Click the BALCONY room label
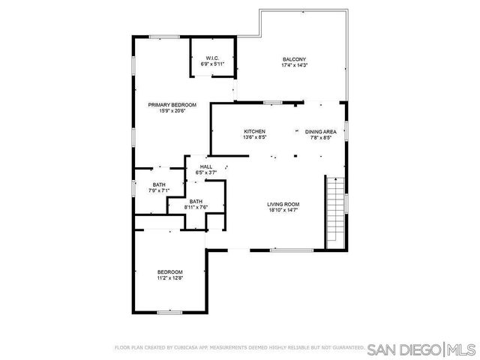pos(294,59)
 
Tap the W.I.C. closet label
pos(212,58)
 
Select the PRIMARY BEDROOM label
pos(172,105)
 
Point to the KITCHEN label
pos(254,131)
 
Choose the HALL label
pos(205,166)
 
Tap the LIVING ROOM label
pos(283,204)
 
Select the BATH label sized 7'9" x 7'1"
pos(159,184)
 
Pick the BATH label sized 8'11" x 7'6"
pos(196,201)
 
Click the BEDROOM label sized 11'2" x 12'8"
pos(169,271)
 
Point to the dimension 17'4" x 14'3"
pos(294,65)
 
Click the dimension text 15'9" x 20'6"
pos(172,111)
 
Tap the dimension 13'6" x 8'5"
pos(254,137)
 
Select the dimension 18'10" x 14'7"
pos(283,210)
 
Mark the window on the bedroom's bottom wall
pos(169,312)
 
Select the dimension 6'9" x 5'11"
pos(212,64)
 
